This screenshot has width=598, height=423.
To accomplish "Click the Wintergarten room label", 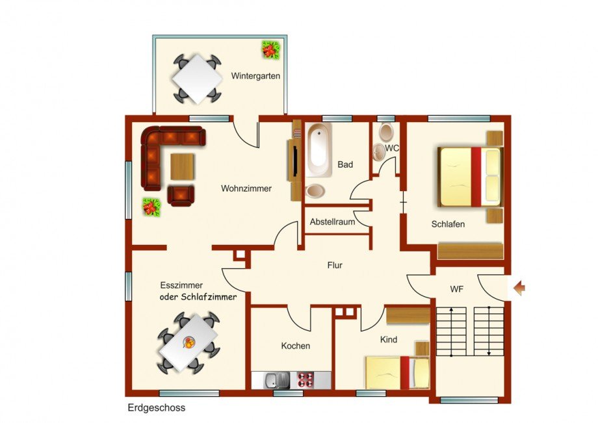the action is (x=255, y=76).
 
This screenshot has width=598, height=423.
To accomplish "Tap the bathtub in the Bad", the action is (x=318, y=149).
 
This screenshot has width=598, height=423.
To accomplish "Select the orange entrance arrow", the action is (x=519, y=288).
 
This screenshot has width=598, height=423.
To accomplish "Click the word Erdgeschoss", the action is (x=157, y=408).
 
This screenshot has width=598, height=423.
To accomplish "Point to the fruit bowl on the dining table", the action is (x=188, y=342).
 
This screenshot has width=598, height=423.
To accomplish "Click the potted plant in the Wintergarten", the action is (x=270, y=49).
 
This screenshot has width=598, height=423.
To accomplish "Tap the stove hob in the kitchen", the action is (x=305, y=379).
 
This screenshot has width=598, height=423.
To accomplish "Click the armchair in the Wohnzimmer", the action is (x=181, y=196).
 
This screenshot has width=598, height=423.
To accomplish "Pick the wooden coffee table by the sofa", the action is (x=182, y=166).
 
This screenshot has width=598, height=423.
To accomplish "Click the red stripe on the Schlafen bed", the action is (x=476, y=177).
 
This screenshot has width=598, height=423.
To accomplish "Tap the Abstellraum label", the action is (x=332, y=222).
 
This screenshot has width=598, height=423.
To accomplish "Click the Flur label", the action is (x=335, y=265).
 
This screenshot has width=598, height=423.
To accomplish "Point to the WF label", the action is (x=456, y=289).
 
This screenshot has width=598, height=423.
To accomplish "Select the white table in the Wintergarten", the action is (x=197, y=79).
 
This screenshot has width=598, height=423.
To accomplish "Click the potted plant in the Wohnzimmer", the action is (x=151, y=207).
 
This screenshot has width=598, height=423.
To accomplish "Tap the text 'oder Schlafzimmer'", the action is (x=198, y=297).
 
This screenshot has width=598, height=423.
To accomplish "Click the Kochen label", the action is (x=296, y=346).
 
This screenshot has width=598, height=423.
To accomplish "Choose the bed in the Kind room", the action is (x=397, y=372).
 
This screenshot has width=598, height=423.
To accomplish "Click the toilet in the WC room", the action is (x=386, y=132).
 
